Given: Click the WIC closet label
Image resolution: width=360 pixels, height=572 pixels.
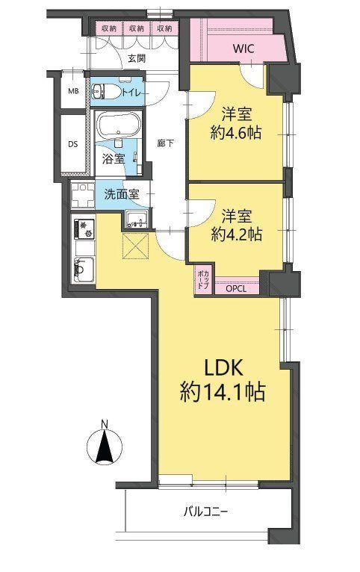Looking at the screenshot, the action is pos(243,49).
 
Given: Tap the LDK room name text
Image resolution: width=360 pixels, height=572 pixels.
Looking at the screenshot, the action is pos(223,368).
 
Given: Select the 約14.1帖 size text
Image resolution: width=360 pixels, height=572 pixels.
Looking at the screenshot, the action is pos(223,394).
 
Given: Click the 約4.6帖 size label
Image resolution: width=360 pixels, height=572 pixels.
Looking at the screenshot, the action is pos(236,133).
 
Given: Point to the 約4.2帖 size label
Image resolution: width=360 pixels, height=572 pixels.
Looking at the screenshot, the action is pos(236,234).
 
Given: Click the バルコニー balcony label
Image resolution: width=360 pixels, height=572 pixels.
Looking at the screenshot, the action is pos(205,512).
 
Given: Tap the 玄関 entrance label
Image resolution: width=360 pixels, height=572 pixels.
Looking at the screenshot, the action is pos(137,58).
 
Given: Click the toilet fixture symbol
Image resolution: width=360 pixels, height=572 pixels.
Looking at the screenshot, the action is pos(104,91).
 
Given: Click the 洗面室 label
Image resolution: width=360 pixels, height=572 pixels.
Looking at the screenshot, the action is pos(122,194).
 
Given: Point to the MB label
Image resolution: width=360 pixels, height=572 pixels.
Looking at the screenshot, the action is pos(73,91).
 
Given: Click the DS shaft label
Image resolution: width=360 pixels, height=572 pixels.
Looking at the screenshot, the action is pos(73,144).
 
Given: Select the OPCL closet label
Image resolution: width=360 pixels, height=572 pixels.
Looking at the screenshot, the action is pos(236,289).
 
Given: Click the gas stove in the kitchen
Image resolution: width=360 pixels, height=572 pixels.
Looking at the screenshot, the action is pos(84,229).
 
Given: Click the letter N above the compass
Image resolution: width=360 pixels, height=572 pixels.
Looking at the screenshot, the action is pos(105,424).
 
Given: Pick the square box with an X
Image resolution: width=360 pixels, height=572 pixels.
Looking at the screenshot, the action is pos(136,246).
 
